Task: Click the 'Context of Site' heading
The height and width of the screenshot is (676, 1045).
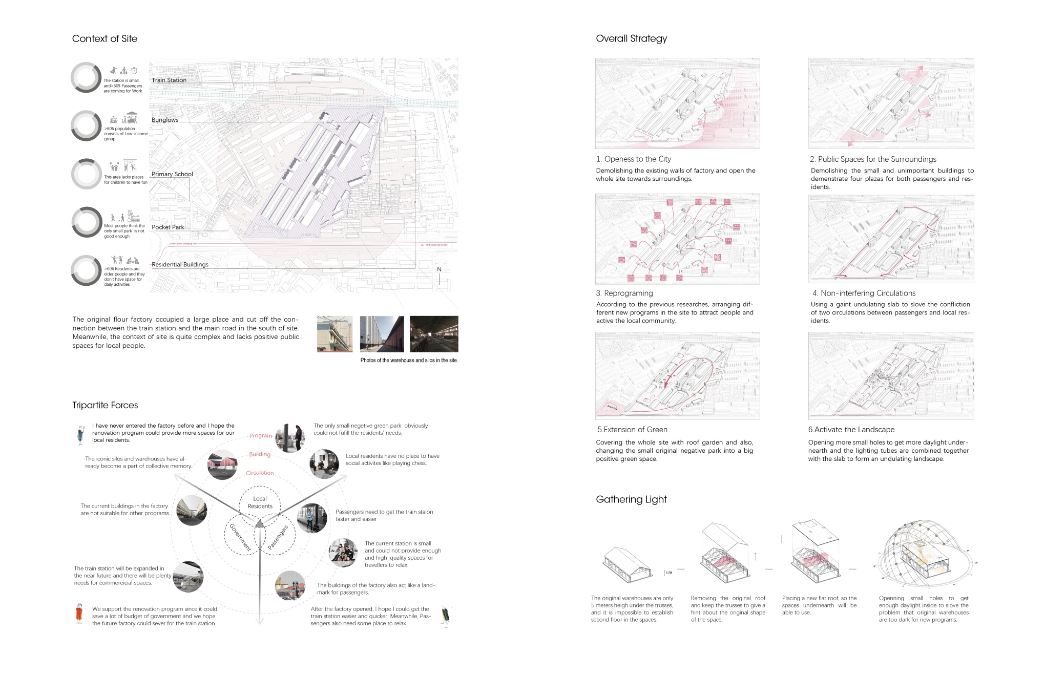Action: click(x=104, y=38)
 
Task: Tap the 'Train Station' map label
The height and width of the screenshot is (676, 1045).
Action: click(x=169, y=80)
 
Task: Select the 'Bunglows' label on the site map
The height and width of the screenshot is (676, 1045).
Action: click(x=165, y=120)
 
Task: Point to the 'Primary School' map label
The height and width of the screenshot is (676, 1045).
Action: click(x=172, y=174)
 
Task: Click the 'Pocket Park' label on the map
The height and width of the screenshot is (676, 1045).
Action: click(x=168, y=227)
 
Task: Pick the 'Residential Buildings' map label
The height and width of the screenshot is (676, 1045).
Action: click(x=180, y=264)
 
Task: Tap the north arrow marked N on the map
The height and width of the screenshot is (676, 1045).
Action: click(x=439, y=276)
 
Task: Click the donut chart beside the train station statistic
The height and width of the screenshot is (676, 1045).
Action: click(x=86, y=77)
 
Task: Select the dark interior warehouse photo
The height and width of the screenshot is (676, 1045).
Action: click(x=434, y=334)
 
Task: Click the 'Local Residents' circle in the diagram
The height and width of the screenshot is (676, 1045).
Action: click(x=260, y=502)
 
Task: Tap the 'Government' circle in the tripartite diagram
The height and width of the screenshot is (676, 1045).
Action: click(x=240, y=537)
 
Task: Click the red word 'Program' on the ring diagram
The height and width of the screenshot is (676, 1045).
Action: click(x=261, y=435)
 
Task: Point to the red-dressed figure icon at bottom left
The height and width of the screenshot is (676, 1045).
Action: click(x=79, y=613)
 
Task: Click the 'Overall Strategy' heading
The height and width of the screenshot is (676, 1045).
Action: click(x=631, y=38)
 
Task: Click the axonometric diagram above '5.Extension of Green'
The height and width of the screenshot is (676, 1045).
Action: click(x=677, y=375)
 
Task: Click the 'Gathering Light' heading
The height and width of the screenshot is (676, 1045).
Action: click(x=631, y=499)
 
